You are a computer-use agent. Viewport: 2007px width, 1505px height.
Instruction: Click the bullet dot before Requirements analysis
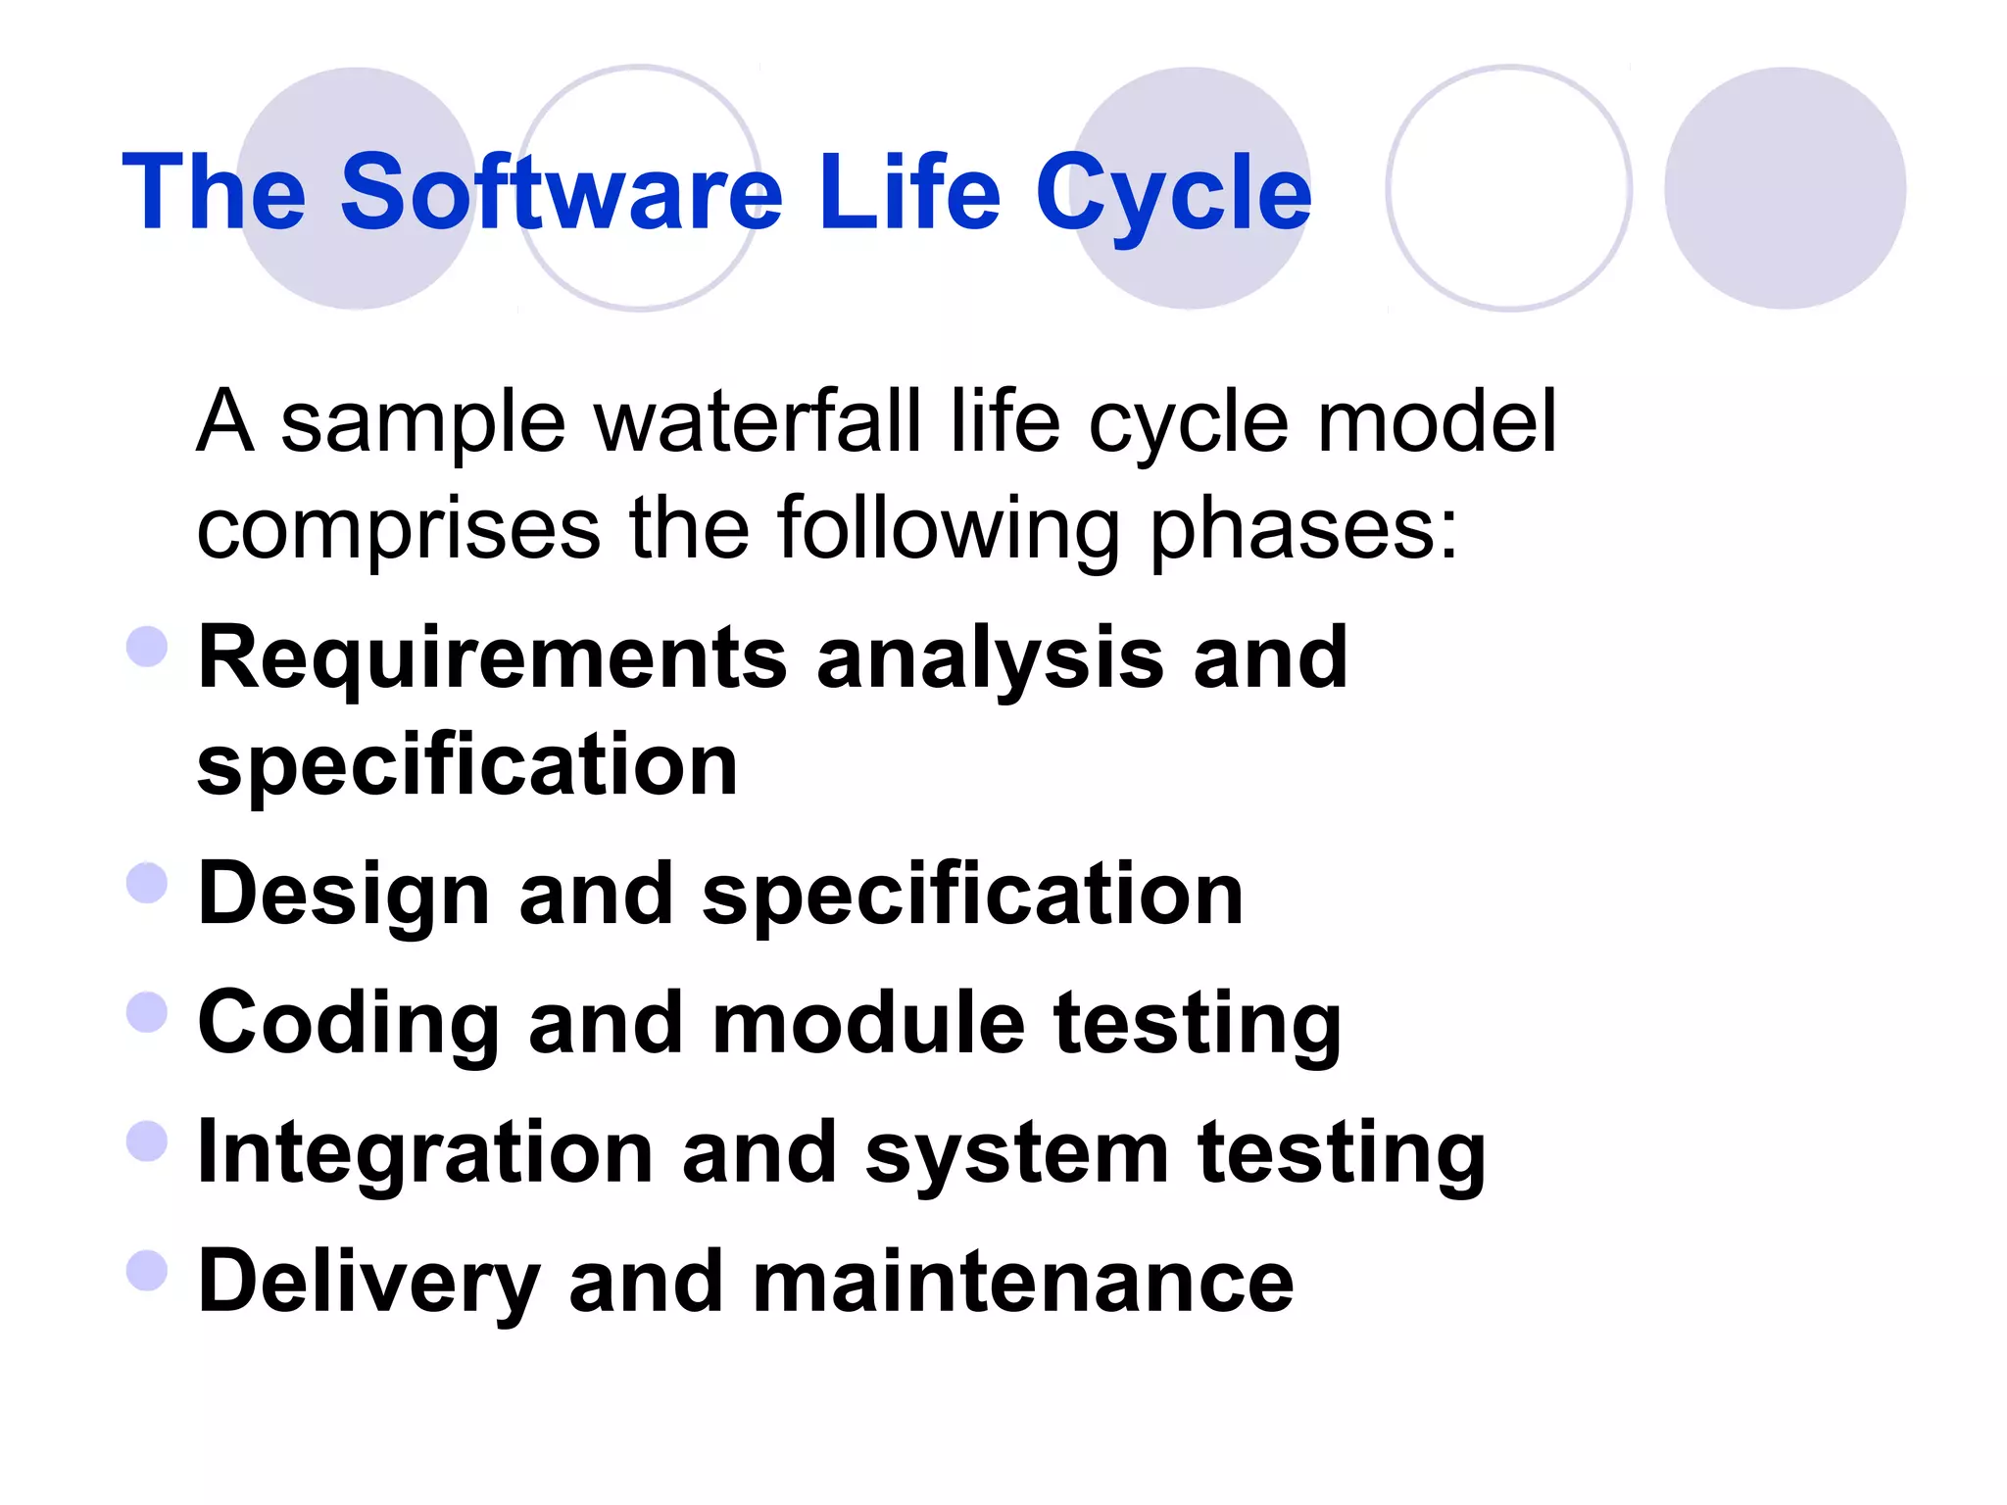coord(148,647)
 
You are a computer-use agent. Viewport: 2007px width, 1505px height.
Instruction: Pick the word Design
coord(343,895)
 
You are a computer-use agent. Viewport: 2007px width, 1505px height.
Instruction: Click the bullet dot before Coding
coord(148,1012)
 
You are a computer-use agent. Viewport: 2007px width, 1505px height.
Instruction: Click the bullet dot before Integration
coord(148,1141)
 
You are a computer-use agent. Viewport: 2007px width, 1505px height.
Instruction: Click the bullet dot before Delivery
coord(148,1271)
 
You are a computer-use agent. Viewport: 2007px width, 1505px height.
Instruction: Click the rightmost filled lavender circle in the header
coord(1785,188)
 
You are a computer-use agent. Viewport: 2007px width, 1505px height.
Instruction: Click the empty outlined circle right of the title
coord(1509,188)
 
